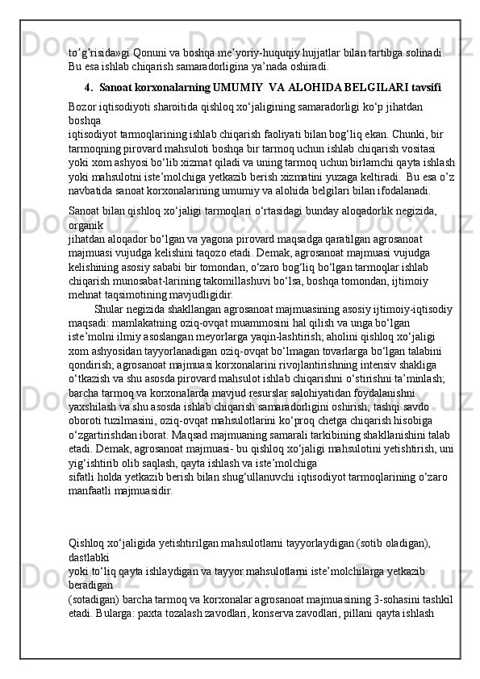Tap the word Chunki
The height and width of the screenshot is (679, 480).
point(401,133)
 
